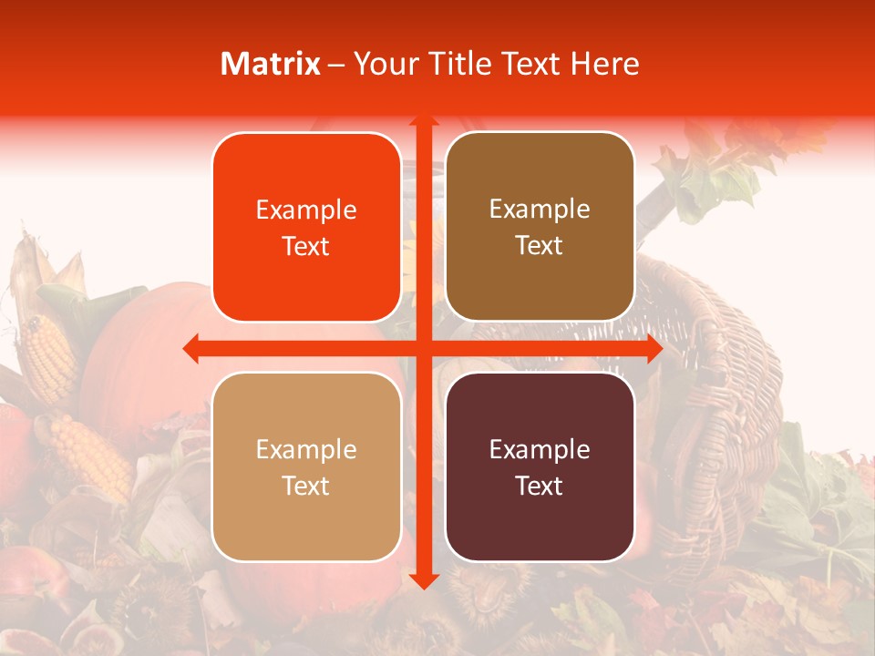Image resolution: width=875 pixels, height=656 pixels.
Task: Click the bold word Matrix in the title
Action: coord(271,64)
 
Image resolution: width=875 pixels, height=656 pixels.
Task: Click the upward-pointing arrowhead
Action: coord(424,120)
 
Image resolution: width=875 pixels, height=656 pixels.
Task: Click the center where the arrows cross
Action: coord(424,348)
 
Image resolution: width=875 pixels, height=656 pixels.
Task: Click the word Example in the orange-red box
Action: coord(306,210)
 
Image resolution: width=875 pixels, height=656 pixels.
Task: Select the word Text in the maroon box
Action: coord(540,486)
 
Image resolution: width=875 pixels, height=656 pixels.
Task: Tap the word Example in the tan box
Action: coord(306,449)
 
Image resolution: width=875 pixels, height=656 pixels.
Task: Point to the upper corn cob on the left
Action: coord(47,355)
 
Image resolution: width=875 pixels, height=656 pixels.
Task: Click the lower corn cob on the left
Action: coord(91,456)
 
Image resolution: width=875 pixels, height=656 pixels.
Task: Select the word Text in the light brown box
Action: coord(540,246)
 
